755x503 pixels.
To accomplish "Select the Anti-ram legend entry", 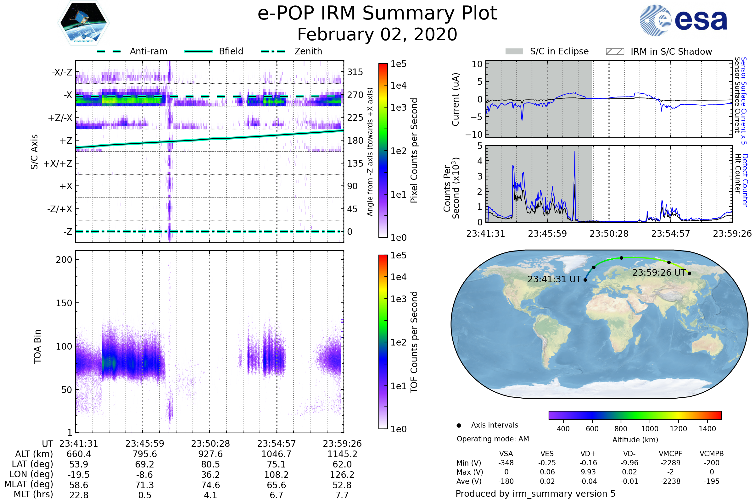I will tap(132, 51).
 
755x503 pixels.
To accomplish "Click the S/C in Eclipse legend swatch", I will tap(514, 52).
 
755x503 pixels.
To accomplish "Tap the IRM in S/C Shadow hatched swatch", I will tap(614, 52).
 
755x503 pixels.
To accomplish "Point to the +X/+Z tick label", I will tap(58, 163).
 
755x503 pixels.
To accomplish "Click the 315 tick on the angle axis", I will tap(355, 72).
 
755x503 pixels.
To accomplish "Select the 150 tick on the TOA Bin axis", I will tap(64, 303).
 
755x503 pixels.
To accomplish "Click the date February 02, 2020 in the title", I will tap(377, 35).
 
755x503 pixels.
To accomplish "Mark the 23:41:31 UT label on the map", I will tap(554, 279).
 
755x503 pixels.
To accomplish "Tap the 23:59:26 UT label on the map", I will tap(659, 273).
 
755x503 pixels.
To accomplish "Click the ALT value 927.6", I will tap(210, 454).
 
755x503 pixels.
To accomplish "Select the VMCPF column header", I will tap(670, 454).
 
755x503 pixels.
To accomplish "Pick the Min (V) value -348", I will tap(506, 463).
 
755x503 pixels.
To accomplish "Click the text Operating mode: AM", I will tap(493, 439).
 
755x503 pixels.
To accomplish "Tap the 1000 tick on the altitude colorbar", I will tap(649, 429).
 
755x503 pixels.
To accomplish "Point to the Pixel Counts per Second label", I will tap(414, 151).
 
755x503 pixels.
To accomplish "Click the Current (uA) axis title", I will tap(456, 99).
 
